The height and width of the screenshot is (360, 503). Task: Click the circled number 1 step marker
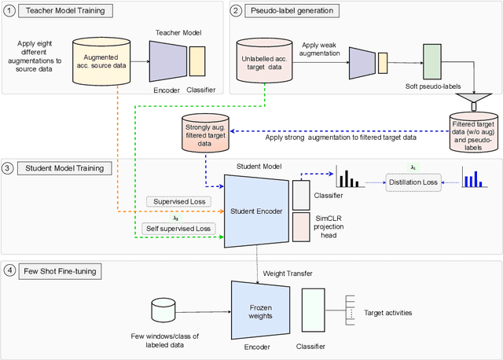[9, 10]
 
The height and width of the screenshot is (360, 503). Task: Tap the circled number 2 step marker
[236, 10]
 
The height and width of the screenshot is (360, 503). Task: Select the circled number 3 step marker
[9, 167]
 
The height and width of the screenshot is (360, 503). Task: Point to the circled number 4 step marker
[9, 271]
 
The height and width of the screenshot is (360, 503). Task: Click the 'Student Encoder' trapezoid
[255, 211]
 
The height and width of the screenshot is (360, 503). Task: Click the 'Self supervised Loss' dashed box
[178, 229]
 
